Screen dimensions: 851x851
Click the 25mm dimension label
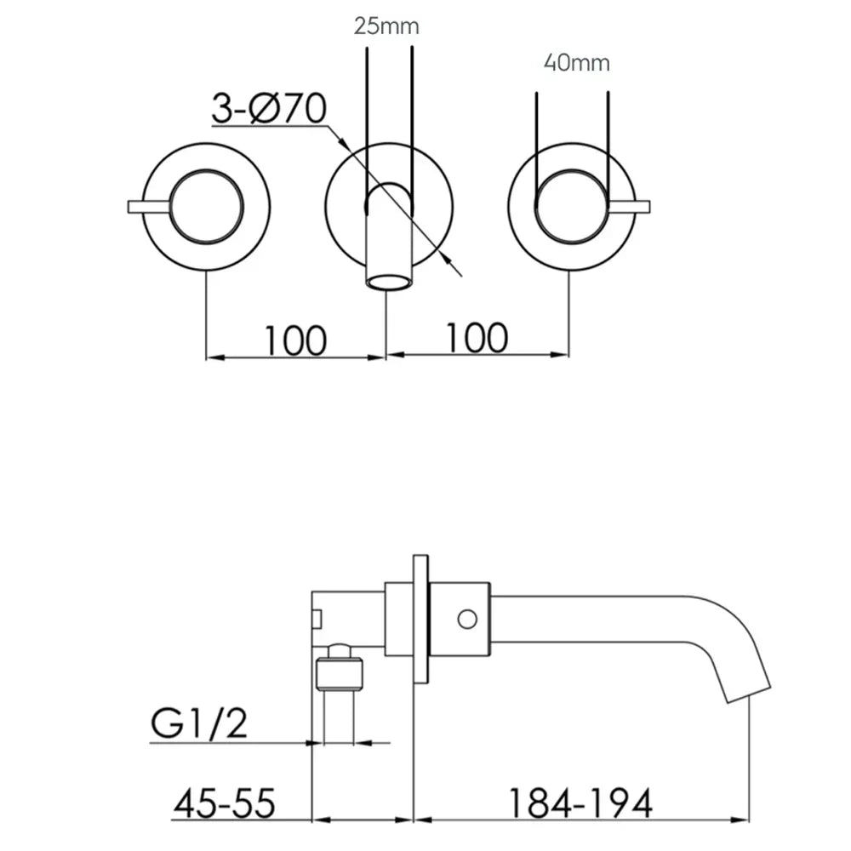point(386,26)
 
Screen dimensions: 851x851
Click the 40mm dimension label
point(577,63)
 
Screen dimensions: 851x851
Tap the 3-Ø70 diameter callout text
point(269,108)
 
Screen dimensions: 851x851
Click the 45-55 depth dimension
point(225,803)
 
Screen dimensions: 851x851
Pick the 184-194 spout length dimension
point(580,803)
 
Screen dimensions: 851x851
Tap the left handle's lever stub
point(149,207)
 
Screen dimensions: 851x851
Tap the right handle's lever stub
point(630,207)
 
